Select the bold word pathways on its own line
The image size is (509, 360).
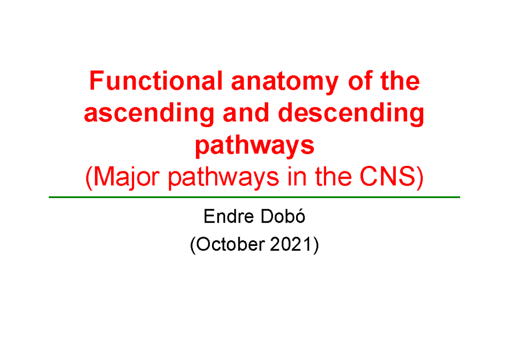(x=254, y=147)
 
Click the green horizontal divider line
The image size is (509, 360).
(x=255, y=197)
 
